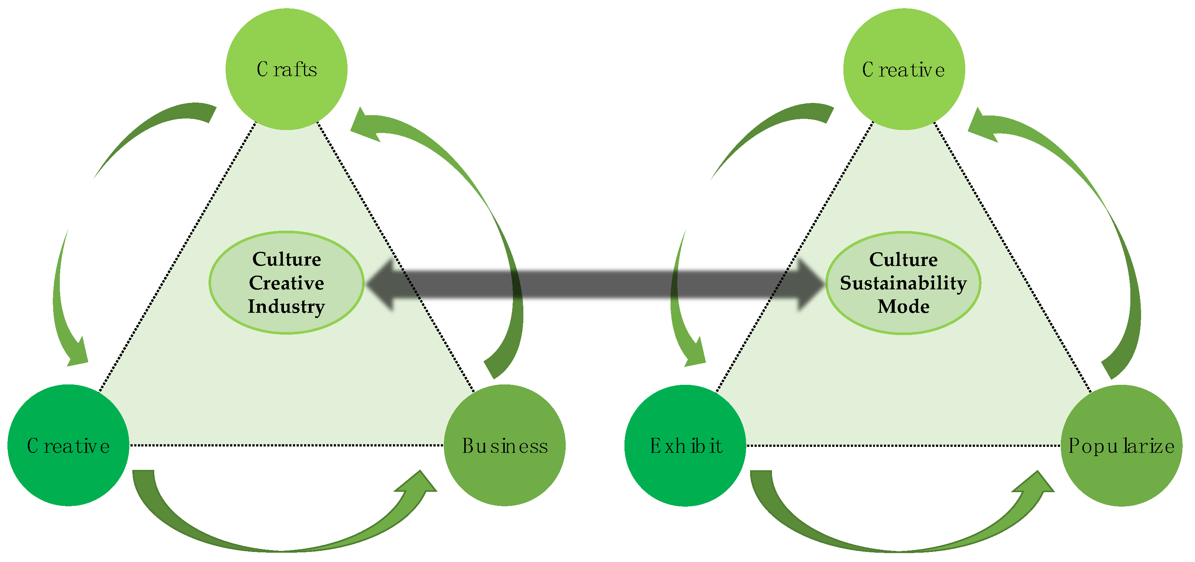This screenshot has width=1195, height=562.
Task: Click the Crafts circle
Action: (x=286, y=69)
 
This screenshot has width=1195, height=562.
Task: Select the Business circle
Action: (x=505, y=445)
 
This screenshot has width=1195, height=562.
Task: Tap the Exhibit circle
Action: (x=685, y=445)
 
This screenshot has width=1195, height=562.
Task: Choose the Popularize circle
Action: (x=1121, y=445)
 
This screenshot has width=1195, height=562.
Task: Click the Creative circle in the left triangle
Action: (x=68, y=445)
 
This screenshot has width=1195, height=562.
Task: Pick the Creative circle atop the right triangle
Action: (x=904, y=69)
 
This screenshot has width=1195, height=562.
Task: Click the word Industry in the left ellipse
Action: (x=286, y=306)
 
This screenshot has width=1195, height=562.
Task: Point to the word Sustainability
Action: (x=903, y=283)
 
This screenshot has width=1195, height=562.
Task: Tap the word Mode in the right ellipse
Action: (x=903, y=306)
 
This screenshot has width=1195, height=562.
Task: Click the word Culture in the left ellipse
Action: (x=286, y=259)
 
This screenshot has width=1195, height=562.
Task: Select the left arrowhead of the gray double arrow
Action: (x=383, y=283)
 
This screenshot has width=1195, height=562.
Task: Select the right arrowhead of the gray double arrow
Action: (x=810, y=283)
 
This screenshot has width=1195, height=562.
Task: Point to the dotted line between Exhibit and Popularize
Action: (x=903, y=446)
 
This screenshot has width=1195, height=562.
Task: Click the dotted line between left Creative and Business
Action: (x=286, y=445)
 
